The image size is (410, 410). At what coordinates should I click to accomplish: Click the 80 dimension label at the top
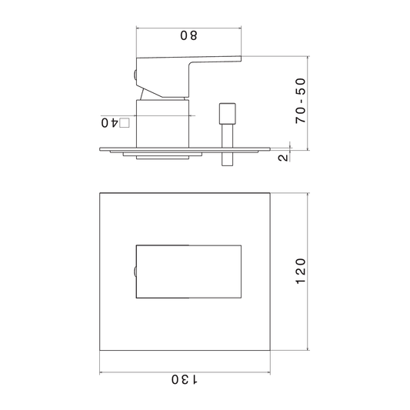point(188,35)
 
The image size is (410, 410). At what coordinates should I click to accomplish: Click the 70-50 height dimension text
point(301,101)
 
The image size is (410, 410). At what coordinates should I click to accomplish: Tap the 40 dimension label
point(109,122)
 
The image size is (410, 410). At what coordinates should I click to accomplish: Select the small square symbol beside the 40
point(124,123)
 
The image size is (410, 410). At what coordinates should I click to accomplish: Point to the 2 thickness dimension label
point(283,158)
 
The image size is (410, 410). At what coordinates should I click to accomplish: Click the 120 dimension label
point(301,272)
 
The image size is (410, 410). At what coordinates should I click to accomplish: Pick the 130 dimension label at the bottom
point(185,379)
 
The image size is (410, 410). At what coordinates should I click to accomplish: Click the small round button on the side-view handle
point(135,75)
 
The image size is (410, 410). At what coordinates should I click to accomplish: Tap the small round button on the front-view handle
point(135,272)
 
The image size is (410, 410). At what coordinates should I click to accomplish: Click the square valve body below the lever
point(162,123)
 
